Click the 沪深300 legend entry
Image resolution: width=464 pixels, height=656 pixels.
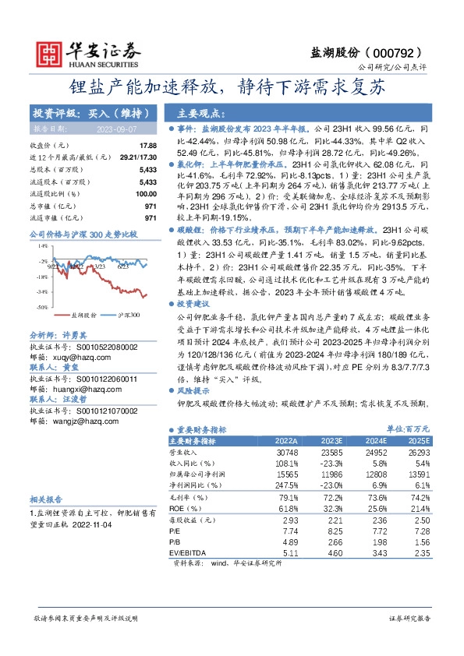(128, 293)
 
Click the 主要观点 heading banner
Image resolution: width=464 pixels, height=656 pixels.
(201, 112)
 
